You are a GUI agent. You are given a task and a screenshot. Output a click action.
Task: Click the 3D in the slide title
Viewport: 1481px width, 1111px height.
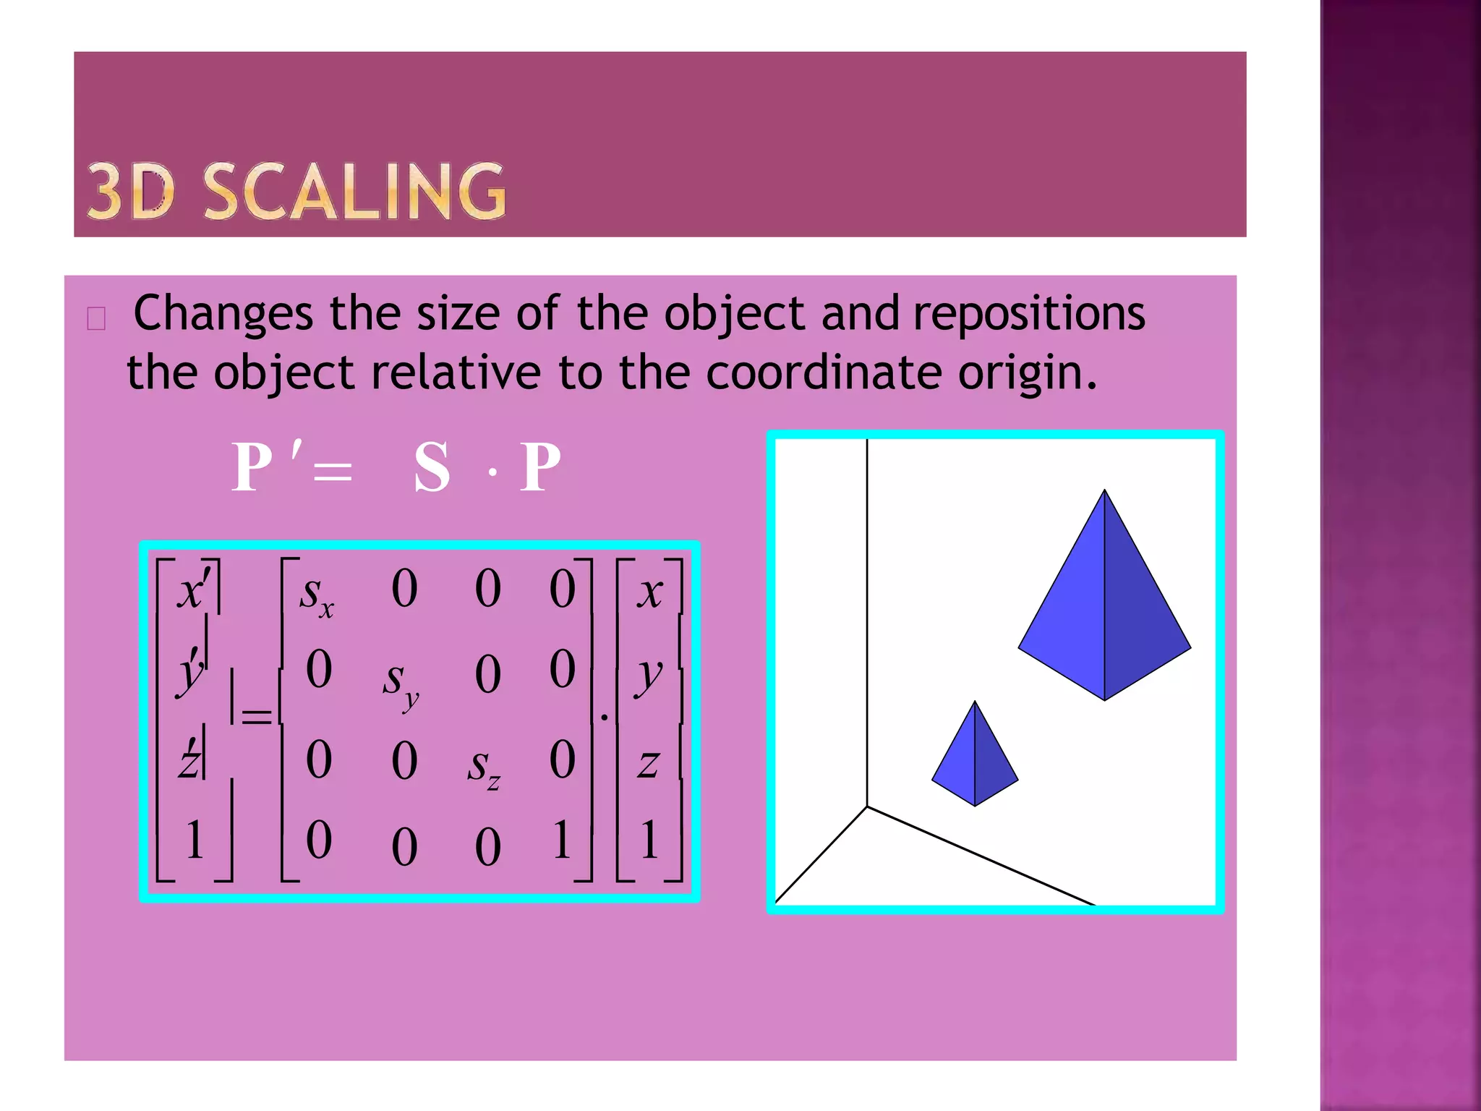pos(131,192)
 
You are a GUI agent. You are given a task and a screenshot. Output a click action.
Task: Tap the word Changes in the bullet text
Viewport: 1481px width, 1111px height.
pos(223,314)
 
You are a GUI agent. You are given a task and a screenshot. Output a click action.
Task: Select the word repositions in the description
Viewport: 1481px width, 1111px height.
pos(1028,314)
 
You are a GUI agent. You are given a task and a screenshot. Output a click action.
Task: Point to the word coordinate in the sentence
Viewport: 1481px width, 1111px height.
pos(823,373)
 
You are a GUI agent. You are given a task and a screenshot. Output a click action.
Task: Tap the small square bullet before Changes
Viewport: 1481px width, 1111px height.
pos(96,318)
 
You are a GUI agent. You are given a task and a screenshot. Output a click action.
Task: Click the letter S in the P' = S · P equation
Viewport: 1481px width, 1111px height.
pos(432,467)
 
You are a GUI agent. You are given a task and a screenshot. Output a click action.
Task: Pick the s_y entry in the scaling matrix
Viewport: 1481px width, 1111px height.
pos(400,683)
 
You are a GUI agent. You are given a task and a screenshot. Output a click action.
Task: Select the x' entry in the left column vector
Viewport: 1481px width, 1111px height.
pos(193,589)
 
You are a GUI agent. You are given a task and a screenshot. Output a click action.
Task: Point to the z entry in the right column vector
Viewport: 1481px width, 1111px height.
pos(648,764)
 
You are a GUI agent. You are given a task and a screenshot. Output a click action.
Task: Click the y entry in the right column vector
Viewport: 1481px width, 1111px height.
pos(648,677)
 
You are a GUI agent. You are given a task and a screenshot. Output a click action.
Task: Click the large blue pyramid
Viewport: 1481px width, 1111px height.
pos(1104,615)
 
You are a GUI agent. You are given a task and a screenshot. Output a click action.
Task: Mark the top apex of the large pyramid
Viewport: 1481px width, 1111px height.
pos(1104,491)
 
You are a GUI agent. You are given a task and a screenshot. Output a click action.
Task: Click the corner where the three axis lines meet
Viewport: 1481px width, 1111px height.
pos(867,806)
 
